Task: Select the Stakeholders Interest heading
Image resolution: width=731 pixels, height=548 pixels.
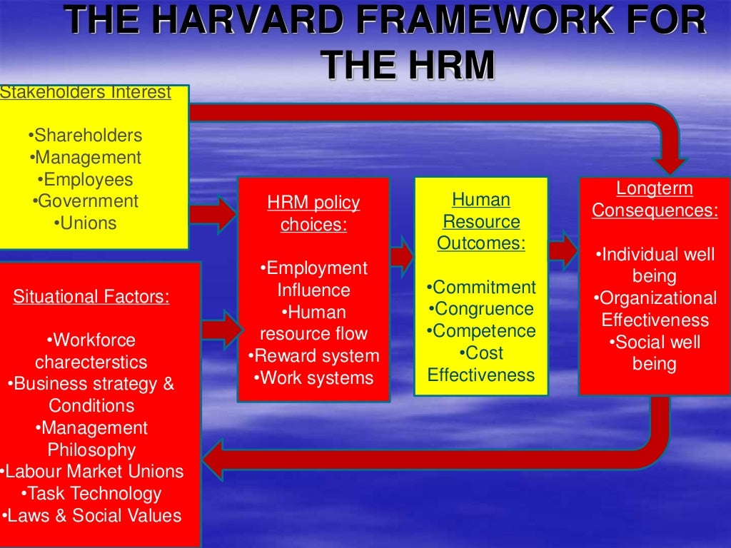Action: [86, 93]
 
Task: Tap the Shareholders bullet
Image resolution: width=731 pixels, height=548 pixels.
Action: [86, 136]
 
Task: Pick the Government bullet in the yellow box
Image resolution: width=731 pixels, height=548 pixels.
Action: [86, 201]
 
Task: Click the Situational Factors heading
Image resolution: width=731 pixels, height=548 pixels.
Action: [91, 296]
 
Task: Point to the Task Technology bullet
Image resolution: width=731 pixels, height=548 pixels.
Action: [91, 494]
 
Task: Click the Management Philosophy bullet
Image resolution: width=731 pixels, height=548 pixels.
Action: [91, 439]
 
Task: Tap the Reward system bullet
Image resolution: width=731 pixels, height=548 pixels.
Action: [313, 356]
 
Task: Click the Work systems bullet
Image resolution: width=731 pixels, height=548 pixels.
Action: [313, 378]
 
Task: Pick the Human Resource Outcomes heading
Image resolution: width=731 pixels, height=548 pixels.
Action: [481, 221]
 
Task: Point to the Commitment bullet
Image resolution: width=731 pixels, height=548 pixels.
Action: [481, 288]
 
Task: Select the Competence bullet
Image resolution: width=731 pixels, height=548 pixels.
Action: [481, 332]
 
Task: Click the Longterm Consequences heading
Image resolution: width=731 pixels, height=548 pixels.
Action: [655, 200]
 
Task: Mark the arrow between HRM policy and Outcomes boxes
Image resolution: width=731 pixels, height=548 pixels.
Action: [402, 255]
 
